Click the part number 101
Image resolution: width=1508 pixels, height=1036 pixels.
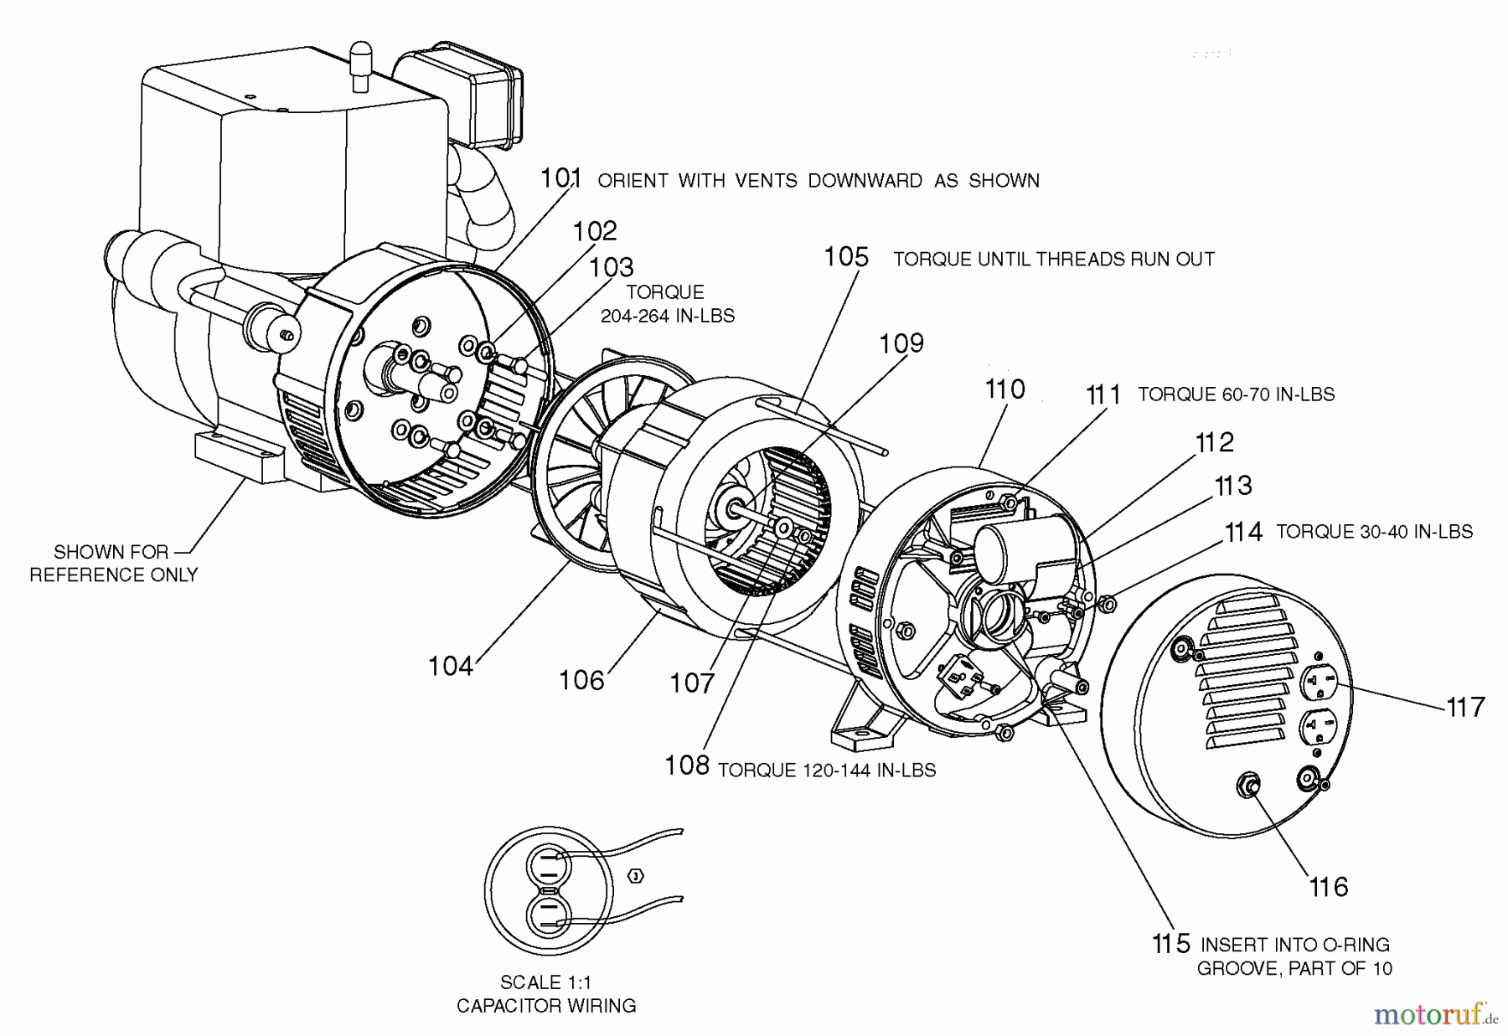tap(560, 178)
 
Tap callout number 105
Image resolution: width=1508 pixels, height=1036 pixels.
tap(846, 256)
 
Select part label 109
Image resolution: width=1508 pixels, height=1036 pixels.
tap(901, 343)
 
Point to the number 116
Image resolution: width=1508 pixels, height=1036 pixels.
tap(1328, 887)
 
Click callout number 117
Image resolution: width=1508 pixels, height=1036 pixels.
tap(1465, 707)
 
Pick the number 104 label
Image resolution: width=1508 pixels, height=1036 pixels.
tap(451, 667)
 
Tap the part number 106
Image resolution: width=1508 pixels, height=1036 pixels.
tap(581, 680)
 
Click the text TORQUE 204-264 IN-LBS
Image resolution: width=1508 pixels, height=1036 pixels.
tap(667, 304)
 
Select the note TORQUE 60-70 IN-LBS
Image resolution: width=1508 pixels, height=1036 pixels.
tap(1236, 394)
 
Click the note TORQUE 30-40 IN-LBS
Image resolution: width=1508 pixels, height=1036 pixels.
tap(1374, 532)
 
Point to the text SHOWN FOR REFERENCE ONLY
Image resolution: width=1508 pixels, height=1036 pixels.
tap(113, 563)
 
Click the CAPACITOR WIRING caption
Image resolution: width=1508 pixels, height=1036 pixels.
tap(545, 1005)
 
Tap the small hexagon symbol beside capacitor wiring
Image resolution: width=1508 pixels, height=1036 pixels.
tap(636, 876)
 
